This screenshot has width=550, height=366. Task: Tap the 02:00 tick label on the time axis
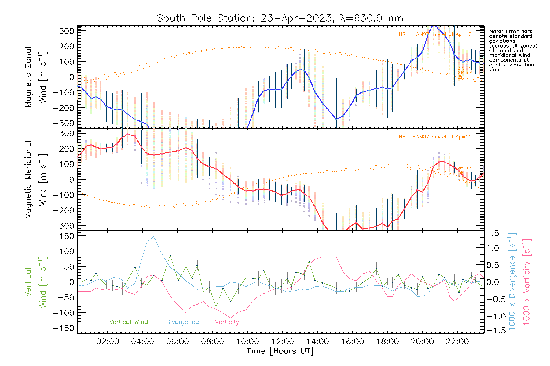point(108,341)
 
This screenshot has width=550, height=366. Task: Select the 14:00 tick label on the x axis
point(317,341)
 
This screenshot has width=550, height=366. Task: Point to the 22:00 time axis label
point(457,341)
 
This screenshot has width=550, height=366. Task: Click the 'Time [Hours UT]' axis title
point(280,351)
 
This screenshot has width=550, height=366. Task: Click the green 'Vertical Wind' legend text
point(128,322)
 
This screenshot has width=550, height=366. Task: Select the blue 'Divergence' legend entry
point(182,322)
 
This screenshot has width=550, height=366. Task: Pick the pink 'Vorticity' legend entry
point(227,322)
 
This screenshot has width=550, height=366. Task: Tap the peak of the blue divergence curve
point(153,236)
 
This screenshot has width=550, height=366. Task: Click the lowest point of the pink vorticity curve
point(230,318)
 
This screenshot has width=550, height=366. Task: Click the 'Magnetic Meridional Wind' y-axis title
point(36,180)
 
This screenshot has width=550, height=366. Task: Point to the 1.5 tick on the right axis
point(493,233)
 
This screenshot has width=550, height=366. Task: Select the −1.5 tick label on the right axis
point(493,330)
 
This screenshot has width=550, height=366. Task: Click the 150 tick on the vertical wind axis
point(67,236)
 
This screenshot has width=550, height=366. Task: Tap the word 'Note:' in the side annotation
point(495,31)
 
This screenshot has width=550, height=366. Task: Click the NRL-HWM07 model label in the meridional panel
point(435,137)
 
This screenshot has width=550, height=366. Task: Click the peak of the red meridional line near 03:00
point(128,134)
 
